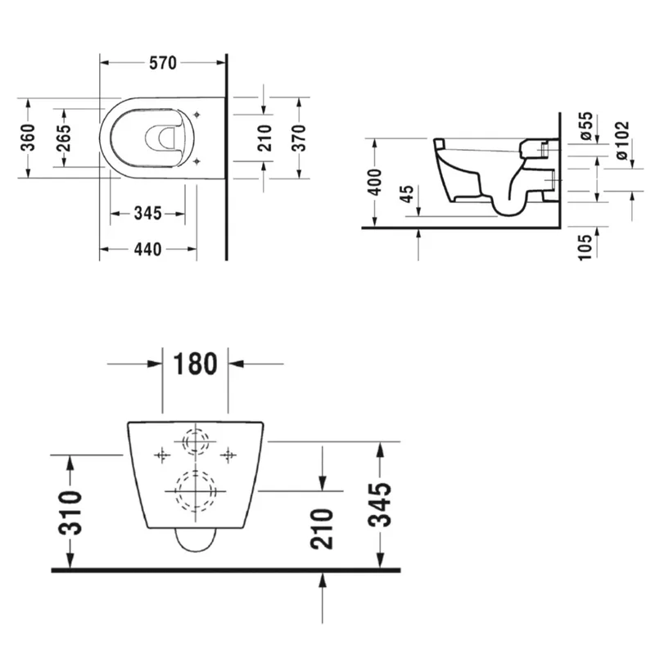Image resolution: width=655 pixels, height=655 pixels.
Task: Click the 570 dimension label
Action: [163, 63]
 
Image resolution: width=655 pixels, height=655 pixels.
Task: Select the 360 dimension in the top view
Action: [28, 138]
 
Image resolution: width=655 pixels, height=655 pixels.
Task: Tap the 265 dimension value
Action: [64, 138]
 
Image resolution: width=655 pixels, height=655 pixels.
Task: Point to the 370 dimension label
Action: [299, 138]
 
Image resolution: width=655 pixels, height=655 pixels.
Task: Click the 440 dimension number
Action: [148, 250]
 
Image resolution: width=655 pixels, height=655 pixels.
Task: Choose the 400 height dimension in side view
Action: [375, 182]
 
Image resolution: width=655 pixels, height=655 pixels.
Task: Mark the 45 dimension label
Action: [406, 194]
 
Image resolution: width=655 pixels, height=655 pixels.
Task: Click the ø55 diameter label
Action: [585, 126]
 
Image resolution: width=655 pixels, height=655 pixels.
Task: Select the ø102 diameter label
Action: [621, 140]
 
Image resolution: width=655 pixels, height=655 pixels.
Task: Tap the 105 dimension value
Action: [585, 248]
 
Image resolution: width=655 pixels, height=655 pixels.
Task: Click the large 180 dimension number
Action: [195, 364]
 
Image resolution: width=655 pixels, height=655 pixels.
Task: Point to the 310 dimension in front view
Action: [70, 513]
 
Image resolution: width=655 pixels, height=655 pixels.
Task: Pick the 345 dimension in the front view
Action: [380, 504]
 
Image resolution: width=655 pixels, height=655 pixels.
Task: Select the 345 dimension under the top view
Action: [148, 214]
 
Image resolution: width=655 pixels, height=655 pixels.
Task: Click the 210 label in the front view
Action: [321, 528]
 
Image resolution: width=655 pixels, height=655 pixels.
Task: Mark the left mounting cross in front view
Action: [162, 455]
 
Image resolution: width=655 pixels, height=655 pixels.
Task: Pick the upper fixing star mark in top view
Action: [196, 115]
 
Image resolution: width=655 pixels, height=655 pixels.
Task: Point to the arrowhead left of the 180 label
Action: [156, 364]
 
